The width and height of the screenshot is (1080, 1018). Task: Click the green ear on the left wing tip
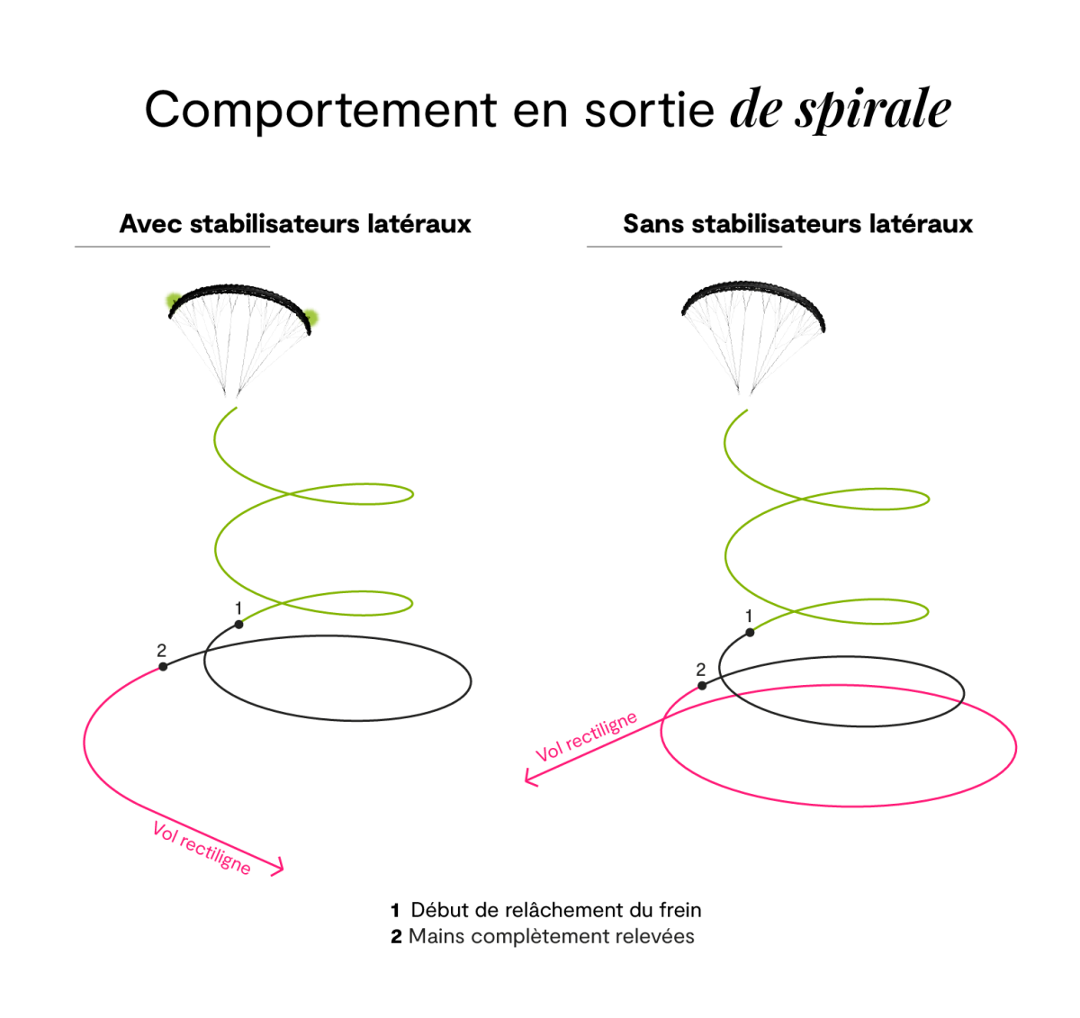point(171,301)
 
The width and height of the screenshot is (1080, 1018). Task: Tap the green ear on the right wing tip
point(311,316)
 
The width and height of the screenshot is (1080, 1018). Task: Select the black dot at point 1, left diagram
point(238,624)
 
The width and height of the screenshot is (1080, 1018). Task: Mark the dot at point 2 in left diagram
point(163,667)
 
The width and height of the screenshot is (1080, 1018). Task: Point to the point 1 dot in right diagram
point(750,632)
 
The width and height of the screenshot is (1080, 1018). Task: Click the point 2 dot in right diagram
point(702,686)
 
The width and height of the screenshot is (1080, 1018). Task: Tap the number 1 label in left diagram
point(238,608)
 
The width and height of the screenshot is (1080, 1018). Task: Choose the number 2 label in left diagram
point(162,650)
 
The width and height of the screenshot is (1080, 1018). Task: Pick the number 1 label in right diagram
point(749,616)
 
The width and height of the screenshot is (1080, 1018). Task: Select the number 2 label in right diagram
point(700,670)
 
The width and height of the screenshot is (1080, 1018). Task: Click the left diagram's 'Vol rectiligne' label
point(202,848)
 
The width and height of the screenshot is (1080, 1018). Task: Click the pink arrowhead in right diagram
point(529,778)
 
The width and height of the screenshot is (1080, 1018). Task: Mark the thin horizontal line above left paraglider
point(172,246)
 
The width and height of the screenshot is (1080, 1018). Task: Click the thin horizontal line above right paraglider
point(684,246)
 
